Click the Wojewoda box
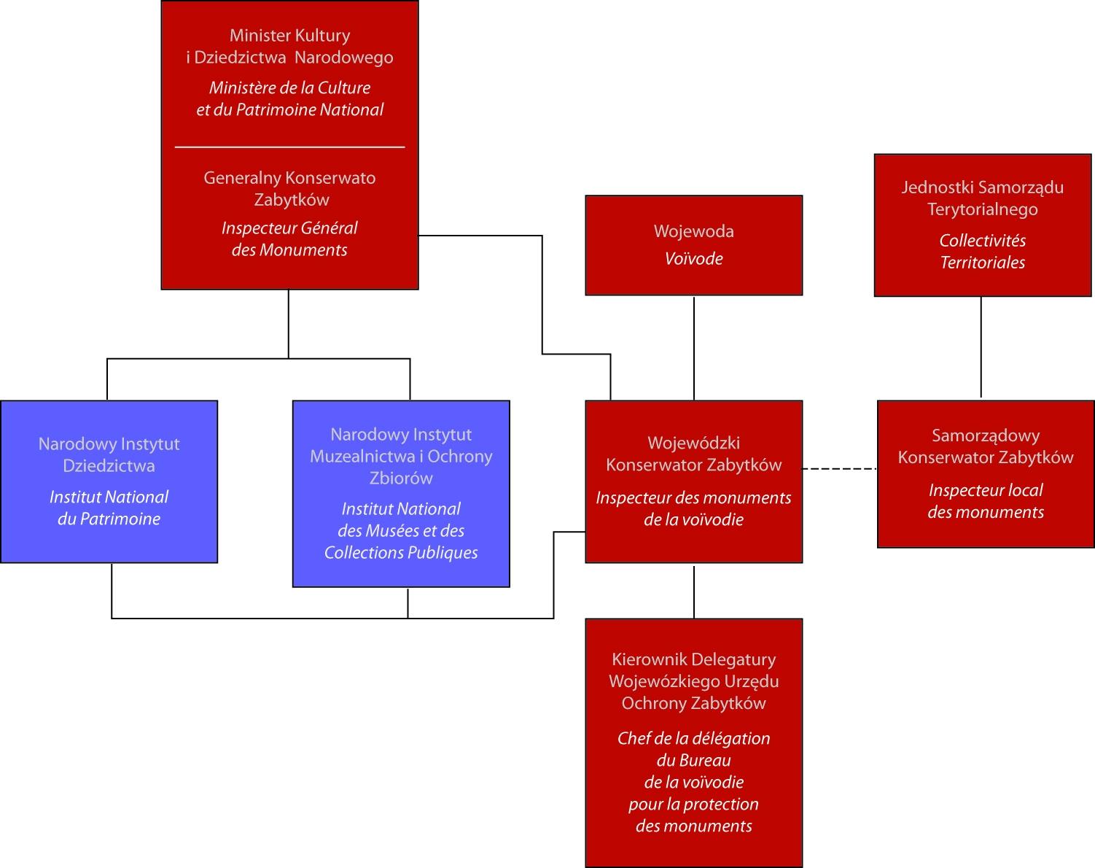pos(693,245)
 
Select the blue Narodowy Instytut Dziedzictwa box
pos(109,481)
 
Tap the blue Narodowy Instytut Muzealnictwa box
pos(401,494)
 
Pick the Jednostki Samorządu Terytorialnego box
pos(983,225)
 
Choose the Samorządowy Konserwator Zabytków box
pos(986,474)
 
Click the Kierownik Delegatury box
pos(693,743)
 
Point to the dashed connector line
pos(840,468)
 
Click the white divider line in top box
pos(289,147)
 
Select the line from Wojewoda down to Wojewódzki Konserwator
pos(693,348)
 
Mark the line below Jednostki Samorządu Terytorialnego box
pos(981,347)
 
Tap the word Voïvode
pos(693,259)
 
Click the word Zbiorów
pos(401,478)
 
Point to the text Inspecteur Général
pos(289,228)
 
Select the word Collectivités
pos(983,240)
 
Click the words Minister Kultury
pos(289,36)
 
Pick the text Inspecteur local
pos(986,490)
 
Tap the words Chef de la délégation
pos(693,738)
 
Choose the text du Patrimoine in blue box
pos(109,519)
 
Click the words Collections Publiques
pos(401,553)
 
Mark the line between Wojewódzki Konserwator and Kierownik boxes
pos(693,591)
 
